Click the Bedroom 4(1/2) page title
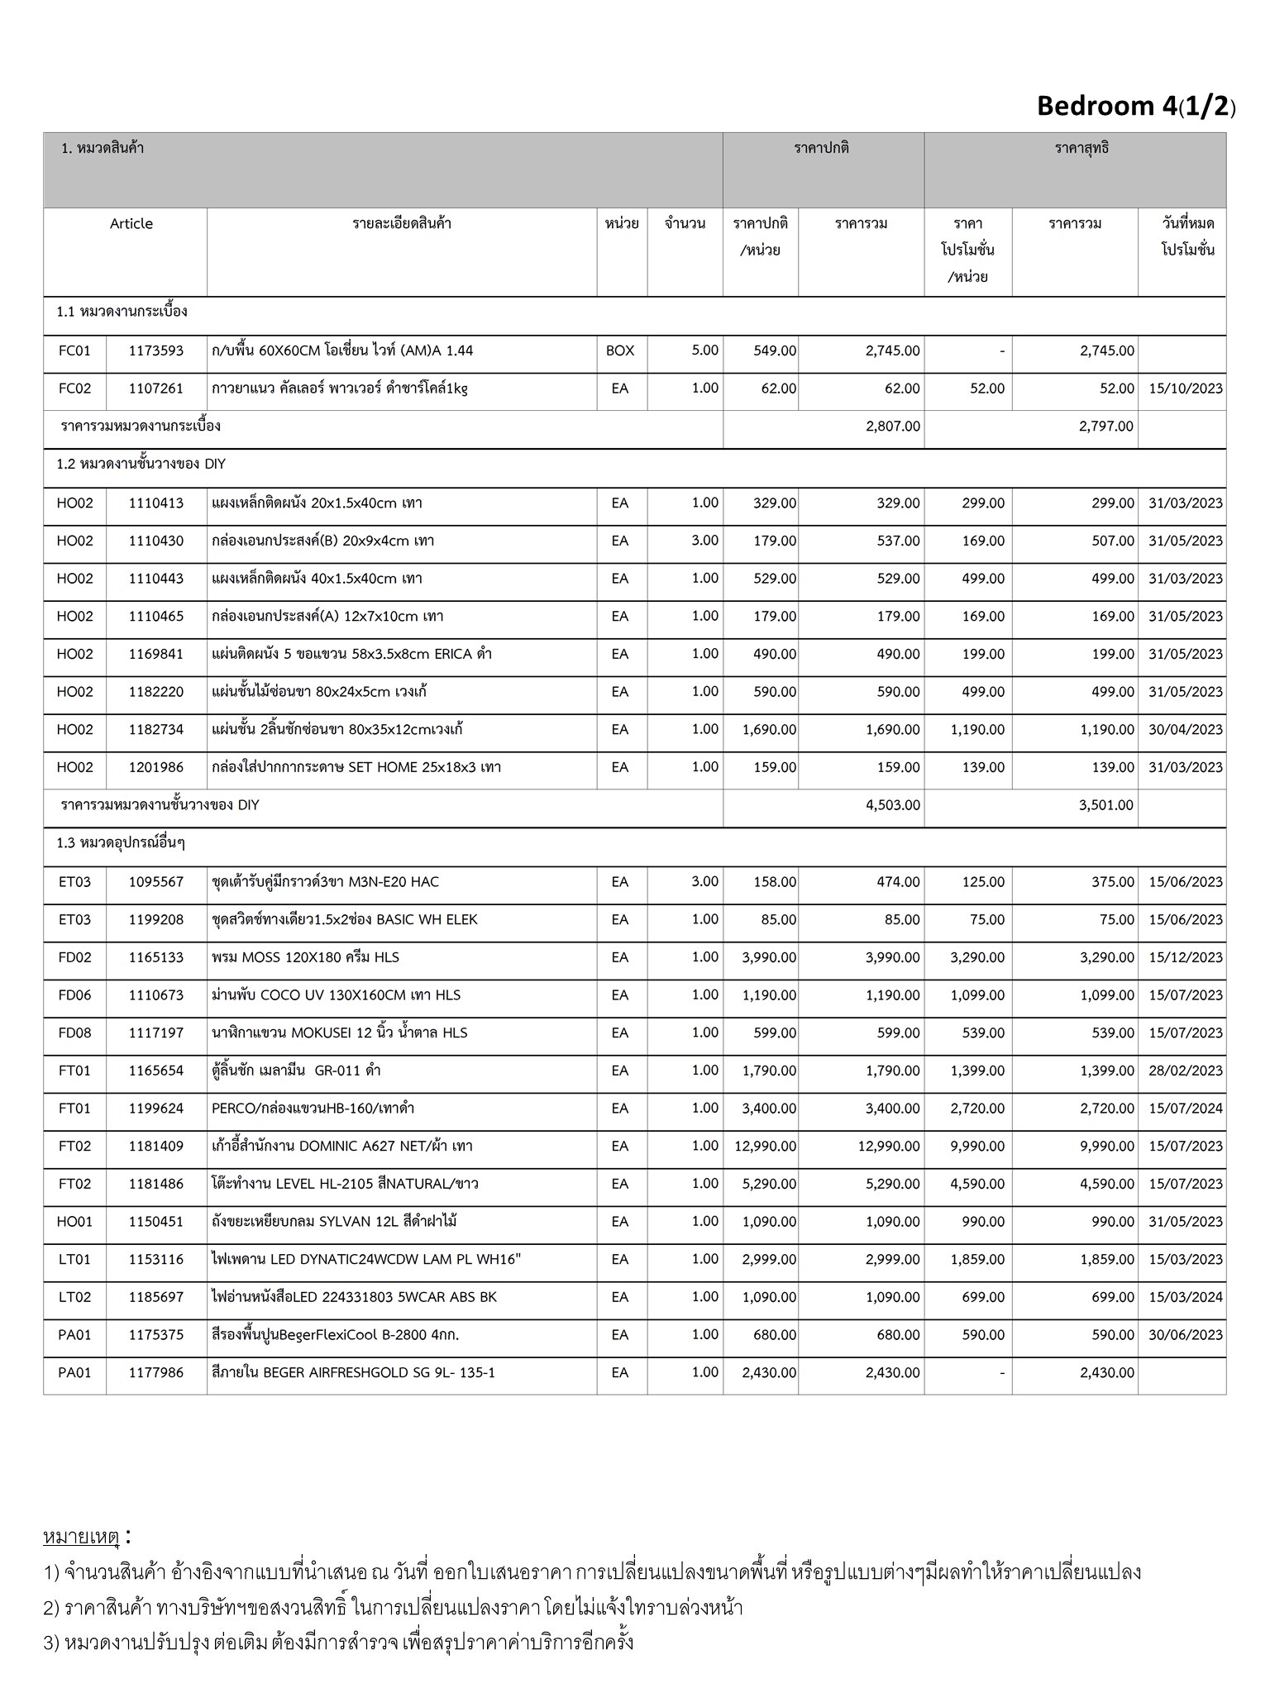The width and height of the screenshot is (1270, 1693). click(1135, 107)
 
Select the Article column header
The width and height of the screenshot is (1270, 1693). click(131, 224)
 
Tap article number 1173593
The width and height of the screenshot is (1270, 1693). click(155, 351)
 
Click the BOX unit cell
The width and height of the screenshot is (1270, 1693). click(620, 351)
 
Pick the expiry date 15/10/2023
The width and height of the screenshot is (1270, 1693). click(1185, 389)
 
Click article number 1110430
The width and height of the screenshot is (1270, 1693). click(155, 541)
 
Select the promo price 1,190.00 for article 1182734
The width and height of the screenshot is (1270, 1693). click(977, 730)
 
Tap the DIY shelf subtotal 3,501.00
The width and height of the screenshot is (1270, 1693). click(1105, 805)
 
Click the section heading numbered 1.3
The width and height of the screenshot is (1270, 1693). click(121, 843)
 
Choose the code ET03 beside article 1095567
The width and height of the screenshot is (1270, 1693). click(74, 882)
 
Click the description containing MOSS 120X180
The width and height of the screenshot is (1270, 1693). click(305, 957)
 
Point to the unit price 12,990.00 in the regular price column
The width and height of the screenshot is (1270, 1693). click(765, 1147)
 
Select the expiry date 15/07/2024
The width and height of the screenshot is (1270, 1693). click(1185, 1109)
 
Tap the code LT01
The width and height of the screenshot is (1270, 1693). click(74, 1260)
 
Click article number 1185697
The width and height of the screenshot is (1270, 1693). click(155, 1298)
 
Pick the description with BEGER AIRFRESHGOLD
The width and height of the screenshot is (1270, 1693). click(353, 1373)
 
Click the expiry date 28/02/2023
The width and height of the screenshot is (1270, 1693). click(1185, 1071)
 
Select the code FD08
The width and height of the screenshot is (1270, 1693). click(74, 1033)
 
